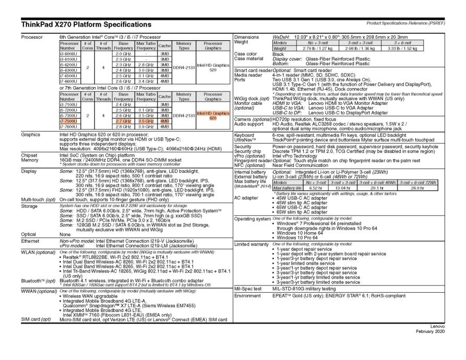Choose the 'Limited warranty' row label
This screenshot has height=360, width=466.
click(x=251, y=244)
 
